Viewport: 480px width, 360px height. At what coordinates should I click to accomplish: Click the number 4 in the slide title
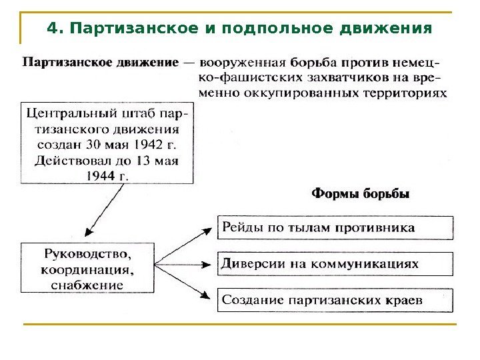52,29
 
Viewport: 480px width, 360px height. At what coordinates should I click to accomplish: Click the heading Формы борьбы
361,195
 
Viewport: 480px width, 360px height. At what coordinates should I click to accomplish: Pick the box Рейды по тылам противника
335,228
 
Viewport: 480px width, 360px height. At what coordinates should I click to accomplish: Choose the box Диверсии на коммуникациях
335,263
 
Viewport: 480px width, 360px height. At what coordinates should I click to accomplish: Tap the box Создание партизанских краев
335,300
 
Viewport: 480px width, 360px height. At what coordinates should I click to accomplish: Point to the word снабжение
87,285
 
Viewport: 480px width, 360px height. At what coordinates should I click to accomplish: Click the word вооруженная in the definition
245,63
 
